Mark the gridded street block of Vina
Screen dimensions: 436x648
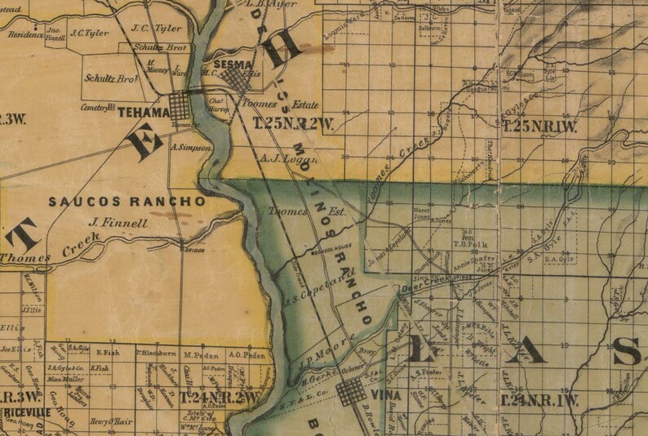[352, 393]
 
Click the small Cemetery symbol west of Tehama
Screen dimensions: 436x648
[111, 107]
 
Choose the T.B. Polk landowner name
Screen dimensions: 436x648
[469, 242]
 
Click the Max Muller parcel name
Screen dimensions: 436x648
[65, 380]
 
